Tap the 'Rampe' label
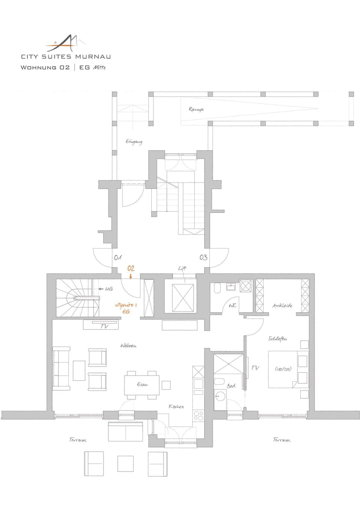point(196,109)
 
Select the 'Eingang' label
point(134,142)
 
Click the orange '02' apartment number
point(131,268)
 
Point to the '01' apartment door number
point(118,257)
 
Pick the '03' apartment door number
point(203,257)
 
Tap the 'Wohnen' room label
point(128,346)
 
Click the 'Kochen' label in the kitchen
point(176,406)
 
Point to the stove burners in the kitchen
point(198,415)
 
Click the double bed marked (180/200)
point(283,369)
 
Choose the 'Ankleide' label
point(282,306)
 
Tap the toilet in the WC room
point(217,288)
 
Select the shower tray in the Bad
point(228,363)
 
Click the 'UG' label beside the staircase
point(108,289)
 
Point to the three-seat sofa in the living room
point(61,368)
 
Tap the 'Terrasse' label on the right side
point(281,440)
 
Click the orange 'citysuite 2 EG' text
point(126,308)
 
